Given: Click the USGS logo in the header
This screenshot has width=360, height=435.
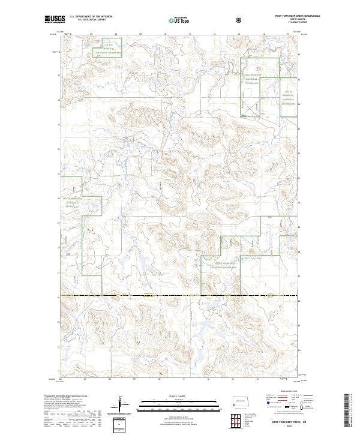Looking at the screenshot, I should point(55,19).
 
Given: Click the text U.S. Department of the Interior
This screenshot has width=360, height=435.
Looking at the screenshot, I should point(91,16).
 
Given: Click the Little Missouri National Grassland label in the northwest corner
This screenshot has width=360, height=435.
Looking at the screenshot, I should point(106,49).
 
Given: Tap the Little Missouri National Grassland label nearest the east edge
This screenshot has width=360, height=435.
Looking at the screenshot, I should point(290,98).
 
